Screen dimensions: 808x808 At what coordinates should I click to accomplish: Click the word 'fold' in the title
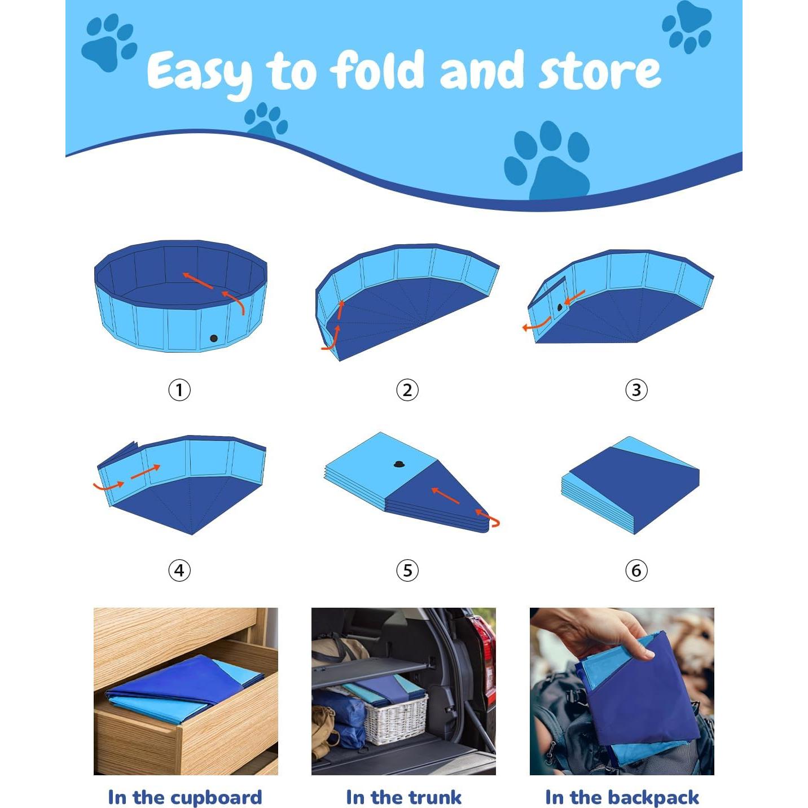click(377, 70)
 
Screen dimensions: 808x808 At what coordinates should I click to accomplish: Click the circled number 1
click(179, 390)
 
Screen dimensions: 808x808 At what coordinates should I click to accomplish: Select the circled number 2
click(407, 390)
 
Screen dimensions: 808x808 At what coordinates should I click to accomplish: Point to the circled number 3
click(636, 390)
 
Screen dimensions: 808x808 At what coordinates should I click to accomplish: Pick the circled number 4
click(179, 570)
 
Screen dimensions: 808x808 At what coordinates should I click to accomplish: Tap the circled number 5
click(407, 570)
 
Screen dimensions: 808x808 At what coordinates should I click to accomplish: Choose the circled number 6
click(636, 570)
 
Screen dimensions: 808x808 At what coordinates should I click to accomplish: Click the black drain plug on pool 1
click(214, 338)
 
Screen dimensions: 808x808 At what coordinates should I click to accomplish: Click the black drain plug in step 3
click(560, 308)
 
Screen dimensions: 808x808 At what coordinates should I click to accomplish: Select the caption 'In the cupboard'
click(185, 797)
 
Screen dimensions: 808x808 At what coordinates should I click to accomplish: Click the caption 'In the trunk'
click(403, 797)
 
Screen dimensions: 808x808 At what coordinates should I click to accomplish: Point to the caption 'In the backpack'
click(622, 797)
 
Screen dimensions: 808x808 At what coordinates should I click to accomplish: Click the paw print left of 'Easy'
click(108, 43)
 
